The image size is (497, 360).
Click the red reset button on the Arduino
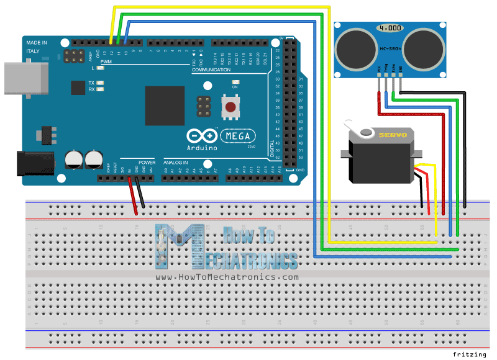click(231, 107)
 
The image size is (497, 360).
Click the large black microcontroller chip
click(165, 106)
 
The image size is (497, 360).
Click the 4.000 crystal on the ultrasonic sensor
click(390, 29)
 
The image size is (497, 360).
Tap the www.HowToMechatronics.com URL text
click(227, 277)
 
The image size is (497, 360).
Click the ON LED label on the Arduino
click(235, 88)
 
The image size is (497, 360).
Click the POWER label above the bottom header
click(147, 160)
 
